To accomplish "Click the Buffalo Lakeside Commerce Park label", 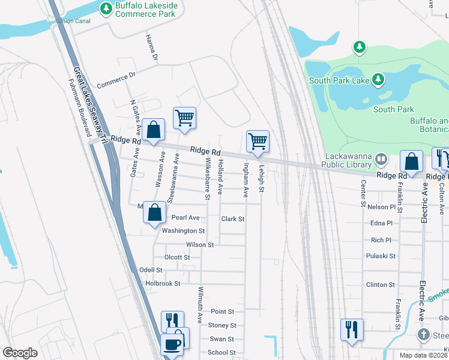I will pos(147,10).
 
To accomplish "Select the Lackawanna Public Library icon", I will pos(381,160).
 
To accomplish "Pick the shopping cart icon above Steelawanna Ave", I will pos(184,118).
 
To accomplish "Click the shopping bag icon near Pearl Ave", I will pos(155,212).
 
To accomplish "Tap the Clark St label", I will pos(233,219).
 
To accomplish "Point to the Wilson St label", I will pos(200,245).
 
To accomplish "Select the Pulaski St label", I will pos(381,256).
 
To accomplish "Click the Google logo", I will pos(20,353).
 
